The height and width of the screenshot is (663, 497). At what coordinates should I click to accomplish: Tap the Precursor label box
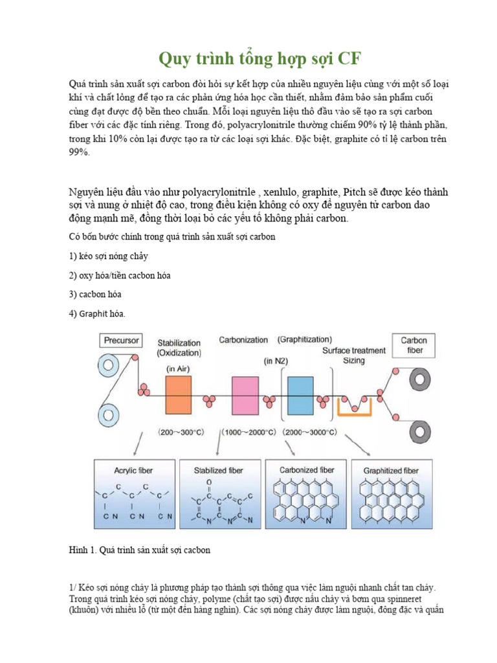[121, 339]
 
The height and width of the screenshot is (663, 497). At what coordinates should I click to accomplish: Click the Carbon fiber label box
[413, 345]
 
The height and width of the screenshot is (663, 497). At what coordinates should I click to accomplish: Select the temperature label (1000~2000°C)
[248, 431]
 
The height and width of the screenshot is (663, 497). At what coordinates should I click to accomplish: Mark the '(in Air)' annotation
[179, 368]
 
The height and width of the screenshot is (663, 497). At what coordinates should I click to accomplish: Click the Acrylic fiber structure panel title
[134, 470]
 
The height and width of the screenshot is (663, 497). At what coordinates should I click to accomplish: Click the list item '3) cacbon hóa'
[95, 294]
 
